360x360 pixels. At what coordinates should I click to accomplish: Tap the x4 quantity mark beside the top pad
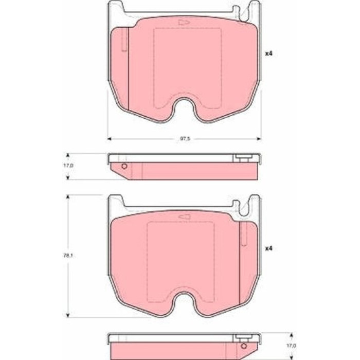tap(268, 53)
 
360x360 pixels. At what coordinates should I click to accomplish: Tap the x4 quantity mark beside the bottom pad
tap(268, 248)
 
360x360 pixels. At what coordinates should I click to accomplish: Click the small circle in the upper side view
tap(124, 166)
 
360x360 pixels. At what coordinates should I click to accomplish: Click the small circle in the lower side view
tap(244, 346)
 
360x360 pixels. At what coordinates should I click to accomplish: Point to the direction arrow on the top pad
tap(184, 22)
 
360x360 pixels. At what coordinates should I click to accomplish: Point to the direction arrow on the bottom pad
tap(184, 217)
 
